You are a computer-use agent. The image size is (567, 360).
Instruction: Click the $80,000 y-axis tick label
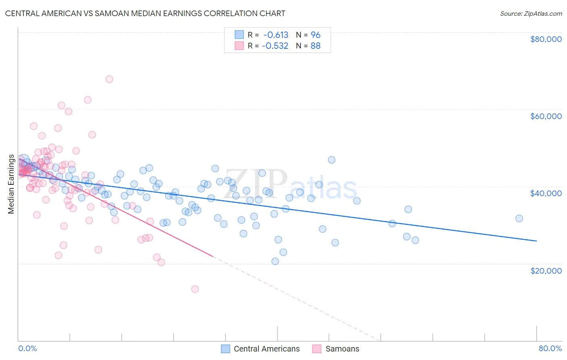click(546, 39)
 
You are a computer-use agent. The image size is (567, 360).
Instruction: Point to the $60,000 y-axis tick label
click(546, 116)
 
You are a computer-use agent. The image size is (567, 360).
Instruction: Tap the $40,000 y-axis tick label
click(546, 193)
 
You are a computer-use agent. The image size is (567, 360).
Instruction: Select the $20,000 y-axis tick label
click(546, 270)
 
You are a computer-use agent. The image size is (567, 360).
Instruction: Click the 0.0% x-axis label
click(27, 349)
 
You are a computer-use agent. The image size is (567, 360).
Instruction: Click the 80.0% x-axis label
click(550, 349)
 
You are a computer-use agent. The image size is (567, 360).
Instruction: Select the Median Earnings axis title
click(11, 184)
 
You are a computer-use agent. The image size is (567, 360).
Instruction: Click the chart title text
click(145, 13)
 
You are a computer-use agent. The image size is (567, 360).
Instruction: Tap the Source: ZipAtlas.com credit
click(531, 14)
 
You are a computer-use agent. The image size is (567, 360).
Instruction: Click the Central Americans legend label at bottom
click(267, 349)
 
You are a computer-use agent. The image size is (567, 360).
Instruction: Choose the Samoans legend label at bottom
click(342, 349)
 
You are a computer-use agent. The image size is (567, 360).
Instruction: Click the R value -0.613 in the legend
click(275, 35)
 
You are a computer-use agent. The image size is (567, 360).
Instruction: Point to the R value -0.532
click(275, 46)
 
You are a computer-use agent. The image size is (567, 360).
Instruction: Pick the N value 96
click(315, 35)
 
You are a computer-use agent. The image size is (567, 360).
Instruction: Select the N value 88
click(315, 46)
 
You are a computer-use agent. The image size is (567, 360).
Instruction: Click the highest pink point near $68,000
click(109, 79)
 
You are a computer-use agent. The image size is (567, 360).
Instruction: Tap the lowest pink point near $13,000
click(195, 289)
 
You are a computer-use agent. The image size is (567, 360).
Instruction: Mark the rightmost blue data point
click(519, 218)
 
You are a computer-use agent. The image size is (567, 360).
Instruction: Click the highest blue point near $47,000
click(331, 160)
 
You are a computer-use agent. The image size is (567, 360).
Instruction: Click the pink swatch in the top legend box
click(239, 46)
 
